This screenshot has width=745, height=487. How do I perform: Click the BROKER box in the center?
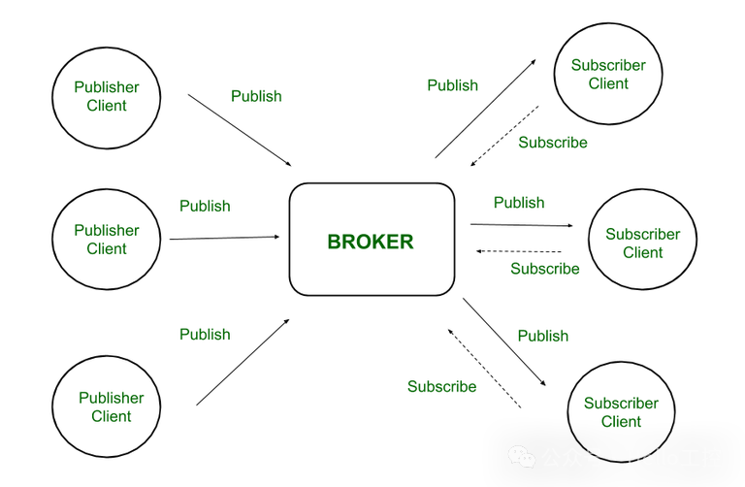372,240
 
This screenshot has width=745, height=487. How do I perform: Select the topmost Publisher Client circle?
106,96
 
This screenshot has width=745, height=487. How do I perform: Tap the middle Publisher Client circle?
106,240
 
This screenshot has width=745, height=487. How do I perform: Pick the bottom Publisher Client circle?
111,406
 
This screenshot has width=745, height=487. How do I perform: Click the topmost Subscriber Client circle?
608,75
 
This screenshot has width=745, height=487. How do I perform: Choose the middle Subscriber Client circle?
642,243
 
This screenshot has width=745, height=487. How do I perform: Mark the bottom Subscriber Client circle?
621,411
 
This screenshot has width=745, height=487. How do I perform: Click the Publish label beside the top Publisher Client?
256,96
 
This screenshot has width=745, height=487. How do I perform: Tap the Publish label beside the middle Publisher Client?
206,206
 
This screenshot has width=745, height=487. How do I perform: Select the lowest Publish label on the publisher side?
206,334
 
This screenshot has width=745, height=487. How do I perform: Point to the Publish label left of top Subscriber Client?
453,85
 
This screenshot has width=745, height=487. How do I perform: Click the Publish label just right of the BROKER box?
519,202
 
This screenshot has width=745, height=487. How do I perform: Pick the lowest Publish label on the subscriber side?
542,336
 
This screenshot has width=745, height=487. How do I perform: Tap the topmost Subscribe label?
553,142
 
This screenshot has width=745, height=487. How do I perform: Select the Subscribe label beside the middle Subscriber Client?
545,269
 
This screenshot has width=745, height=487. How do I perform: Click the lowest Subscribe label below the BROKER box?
441,387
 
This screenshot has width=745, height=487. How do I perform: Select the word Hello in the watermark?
655,457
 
